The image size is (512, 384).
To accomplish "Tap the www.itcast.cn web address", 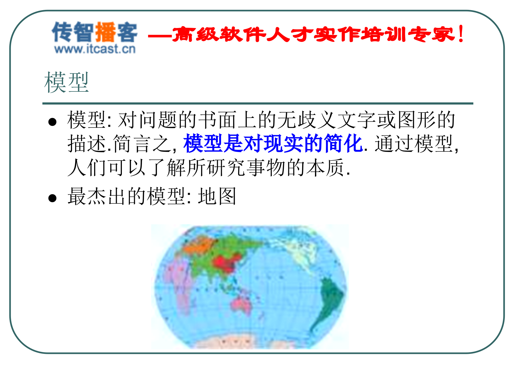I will coord(95,49).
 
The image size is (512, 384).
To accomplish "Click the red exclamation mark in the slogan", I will coord(461,34).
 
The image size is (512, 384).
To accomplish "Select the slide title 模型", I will coord(66,82).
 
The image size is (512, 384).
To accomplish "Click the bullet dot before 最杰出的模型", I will coord(53,198).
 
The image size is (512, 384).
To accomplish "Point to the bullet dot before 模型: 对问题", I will coord(53,122).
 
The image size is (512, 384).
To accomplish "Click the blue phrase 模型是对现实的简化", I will coord(273,143).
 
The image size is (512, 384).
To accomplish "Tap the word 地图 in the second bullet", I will coord(217,196).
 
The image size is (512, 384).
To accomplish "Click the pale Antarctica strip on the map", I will coord(240,343).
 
